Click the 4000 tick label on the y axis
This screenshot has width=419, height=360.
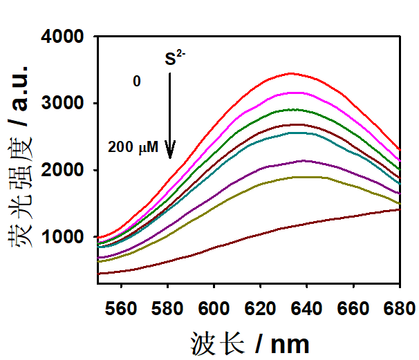coord(66,37)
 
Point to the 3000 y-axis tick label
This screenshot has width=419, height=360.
coord(66,104)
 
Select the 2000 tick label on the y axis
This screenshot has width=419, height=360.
coord(66,171)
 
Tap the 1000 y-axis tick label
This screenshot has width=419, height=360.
coord(66,237)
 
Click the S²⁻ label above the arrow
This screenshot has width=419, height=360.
coord(174,59)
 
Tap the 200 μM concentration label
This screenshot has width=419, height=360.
coord(133,147)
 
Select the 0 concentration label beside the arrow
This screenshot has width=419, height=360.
coord(137,82)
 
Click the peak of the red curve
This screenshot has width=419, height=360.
coord(291,73)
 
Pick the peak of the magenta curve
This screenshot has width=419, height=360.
coord(296,92)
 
